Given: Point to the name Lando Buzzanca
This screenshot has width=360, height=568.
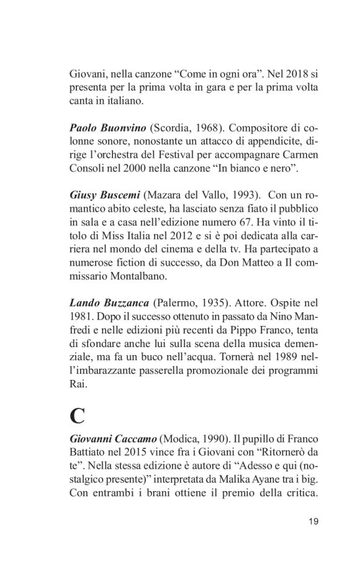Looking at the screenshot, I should (109, 303).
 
